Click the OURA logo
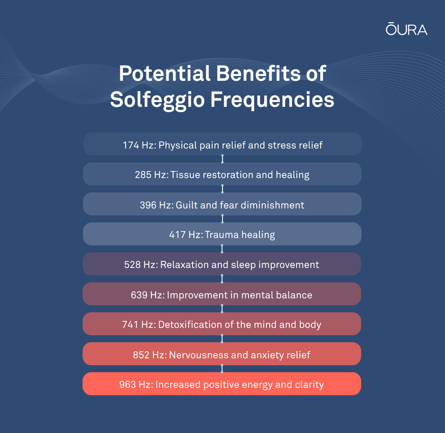[x=406, y=29]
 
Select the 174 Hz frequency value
[x=139, y=145]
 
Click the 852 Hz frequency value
[x=149, y=355]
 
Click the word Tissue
[x=184, y=175]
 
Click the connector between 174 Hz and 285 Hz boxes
[x=222, y=159]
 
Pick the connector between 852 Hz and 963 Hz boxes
[x=222, y=369]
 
